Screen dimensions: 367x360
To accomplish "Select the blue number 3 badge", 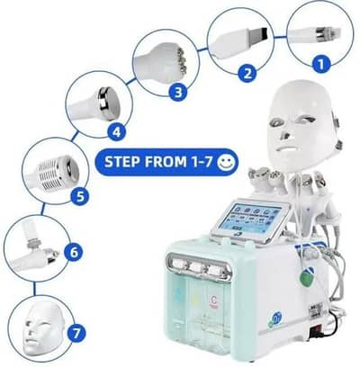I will point(180,92).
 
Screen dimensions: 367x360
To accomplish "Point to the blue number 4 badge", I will point(115,130).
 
